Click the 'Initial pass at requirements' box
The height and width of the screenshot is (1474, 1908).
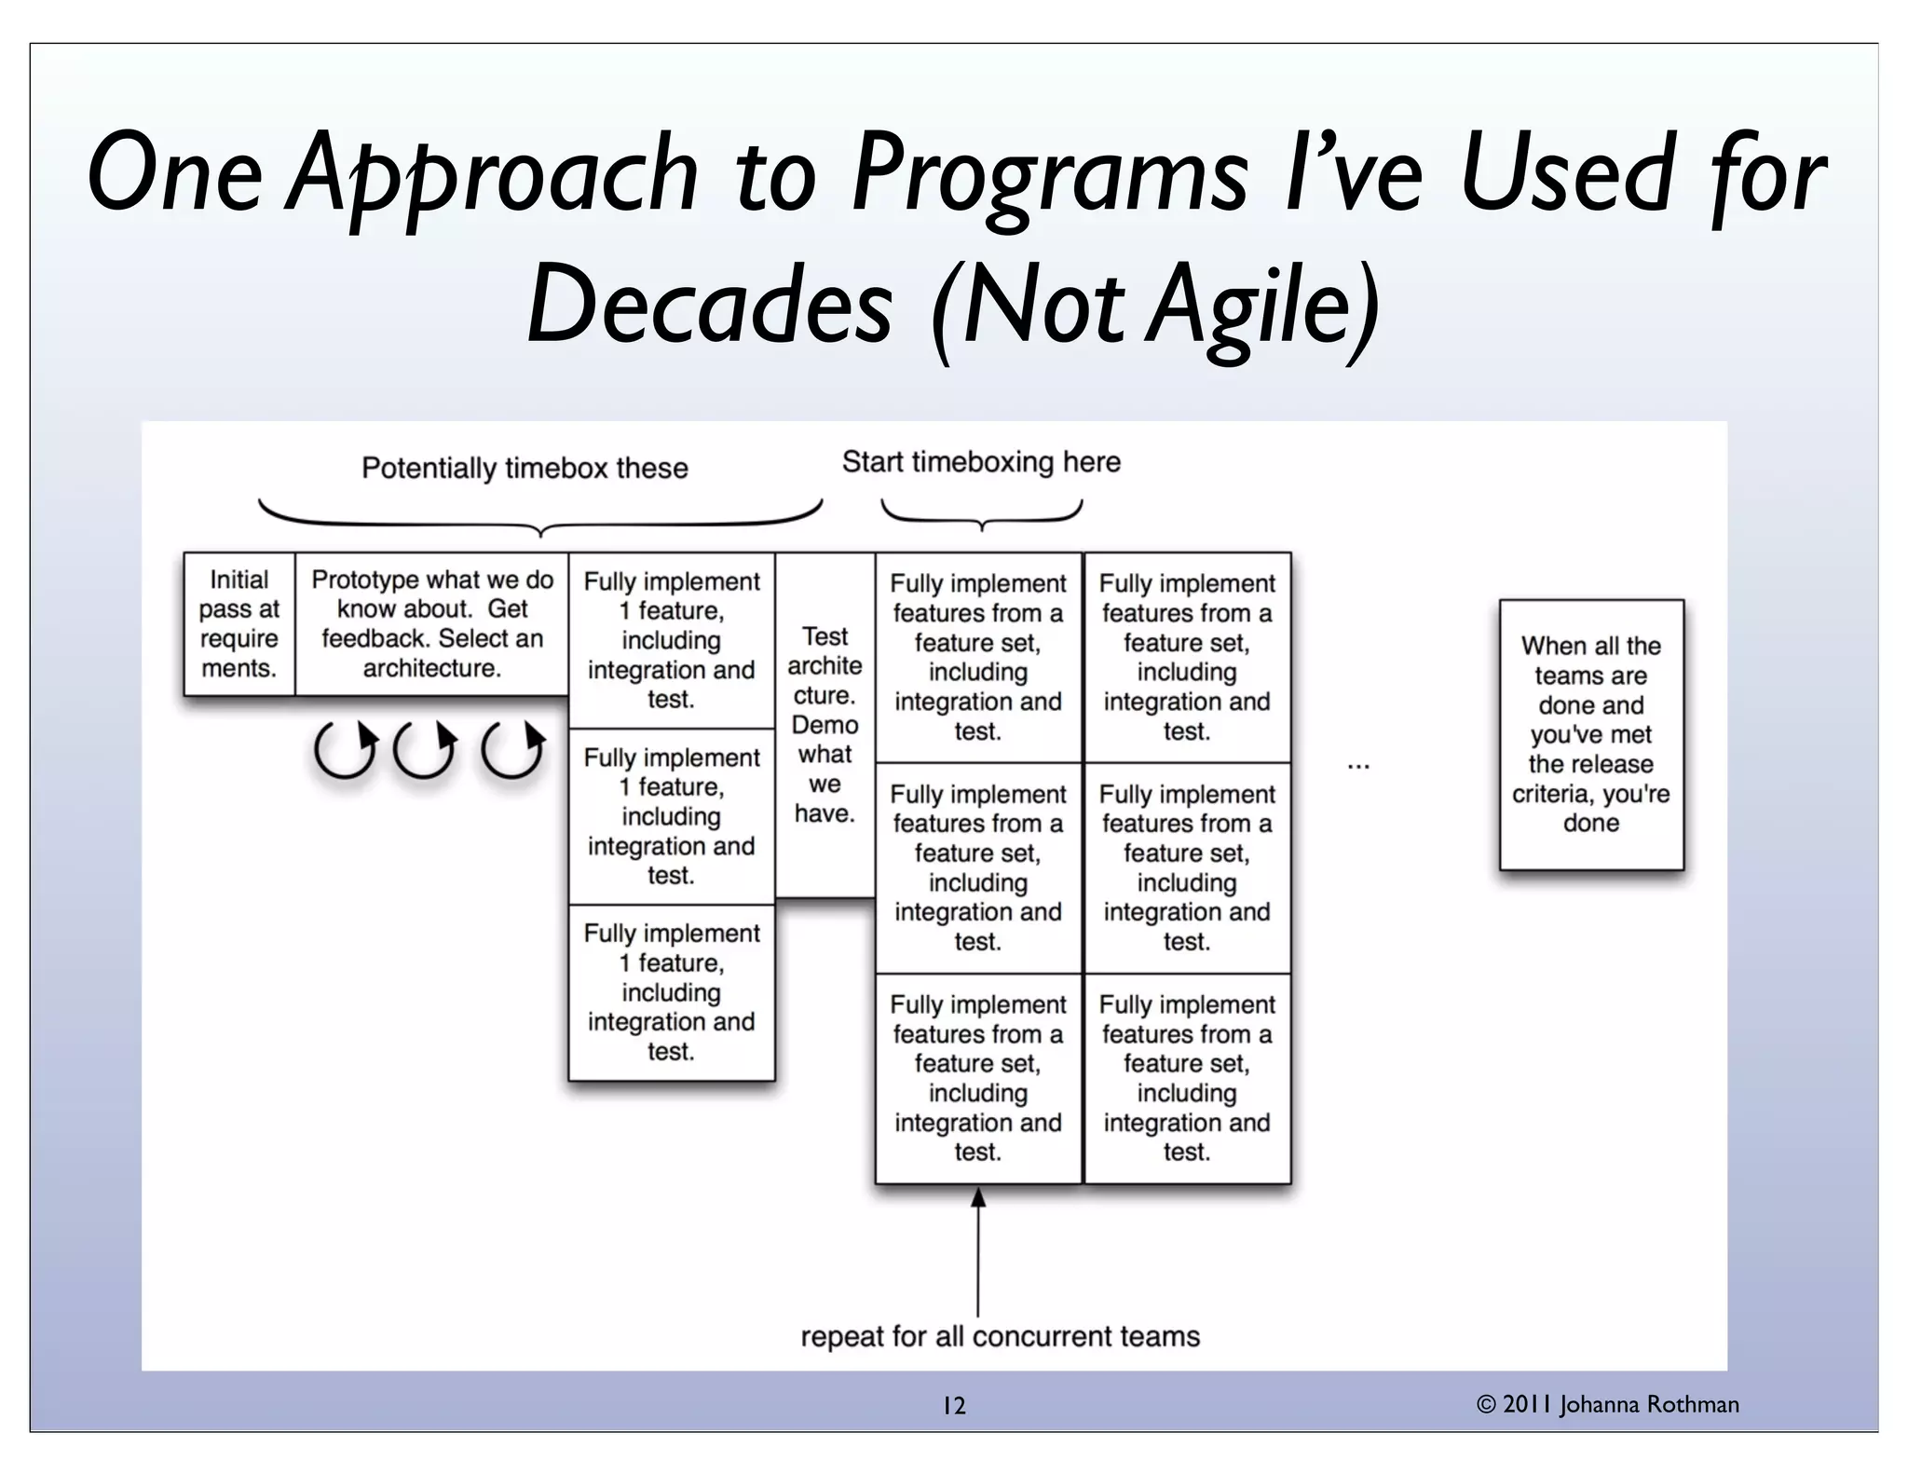[239, 623]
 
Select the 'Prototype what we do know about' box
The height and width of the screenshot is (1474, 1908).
[431, 623]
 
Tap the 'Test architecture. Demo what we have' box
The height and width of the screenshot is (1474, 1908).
[825, 724]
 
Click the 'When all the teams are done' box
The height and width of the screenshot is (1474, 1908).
[1590, 734]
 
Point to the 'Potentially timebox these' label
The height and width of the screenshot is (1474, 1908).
[525, 468]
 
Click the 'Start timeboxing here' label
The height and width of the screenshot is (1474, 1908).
[981, 462]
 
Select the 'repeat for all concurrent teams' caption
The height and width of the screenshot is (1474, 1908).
[1000, 1336]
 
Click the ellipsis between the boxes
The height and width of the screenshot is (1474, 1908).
[1358, 766]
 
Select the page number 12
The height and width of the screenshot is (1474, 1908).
[954, 1406]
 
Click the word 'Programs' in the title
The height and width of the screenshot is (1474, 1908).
[1048, 173]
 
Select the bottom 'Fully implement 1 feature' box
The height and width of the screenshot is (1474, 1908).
[672, 992]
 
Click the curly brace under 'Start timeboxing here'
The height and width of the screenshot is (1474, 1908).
[982, 514]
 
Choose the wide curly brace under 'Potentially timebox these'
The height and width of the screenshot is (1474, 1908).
[540, 518]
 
